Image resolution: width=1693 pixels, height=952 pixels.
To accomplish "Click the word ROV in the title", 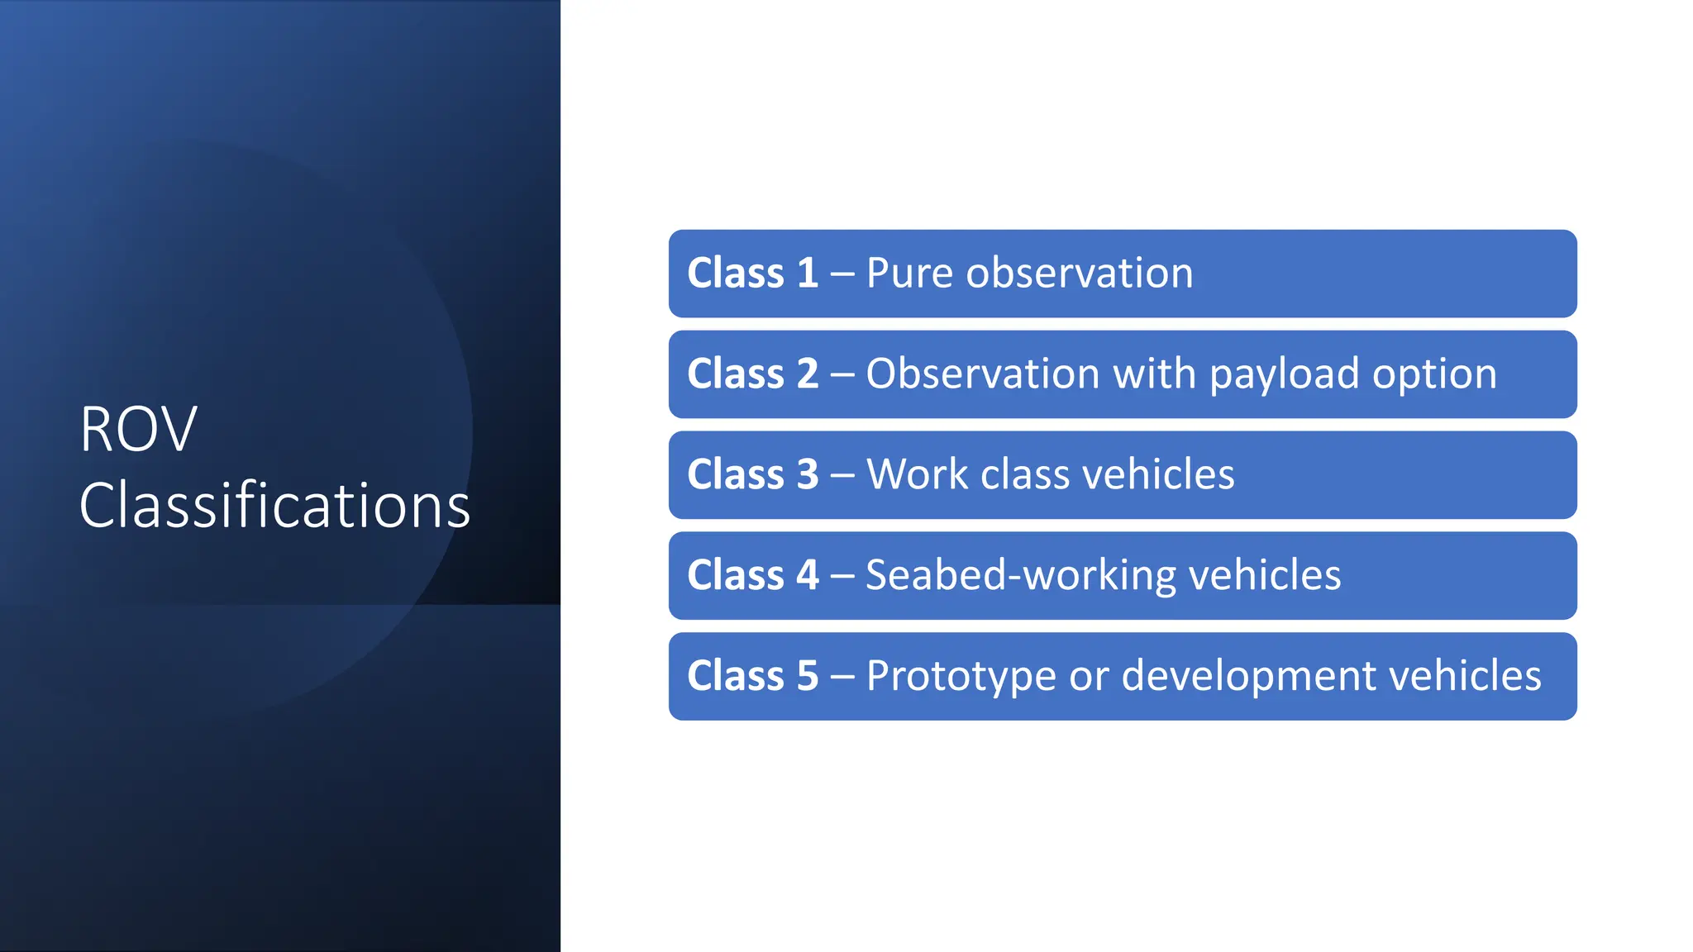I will tap(138, 430).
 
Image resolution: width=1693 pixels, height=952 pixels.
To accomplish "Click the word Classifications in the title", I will tap(274, 506).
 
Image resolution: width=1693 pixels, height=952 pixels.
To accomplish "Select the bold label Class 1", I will tap(752, 274).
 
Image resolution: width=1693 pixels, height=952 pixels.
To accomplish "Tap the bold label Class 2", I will tap(752, 374).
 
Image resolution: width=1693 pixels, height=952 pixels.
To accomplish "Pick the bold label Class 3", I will tap(752, 475).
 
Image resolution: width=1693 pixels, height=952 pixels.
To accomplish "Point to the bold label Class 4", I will tap(752, 575).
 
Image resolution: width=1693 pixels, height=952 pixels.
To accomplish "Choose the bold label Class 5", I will tap(752, 676).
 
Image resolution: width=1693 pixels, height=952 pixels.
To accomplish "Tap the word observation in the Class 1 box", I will tap(1080, 274).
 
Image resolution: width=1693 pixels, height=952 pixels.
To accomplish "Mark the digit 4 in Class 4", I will tap(807, 575).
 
